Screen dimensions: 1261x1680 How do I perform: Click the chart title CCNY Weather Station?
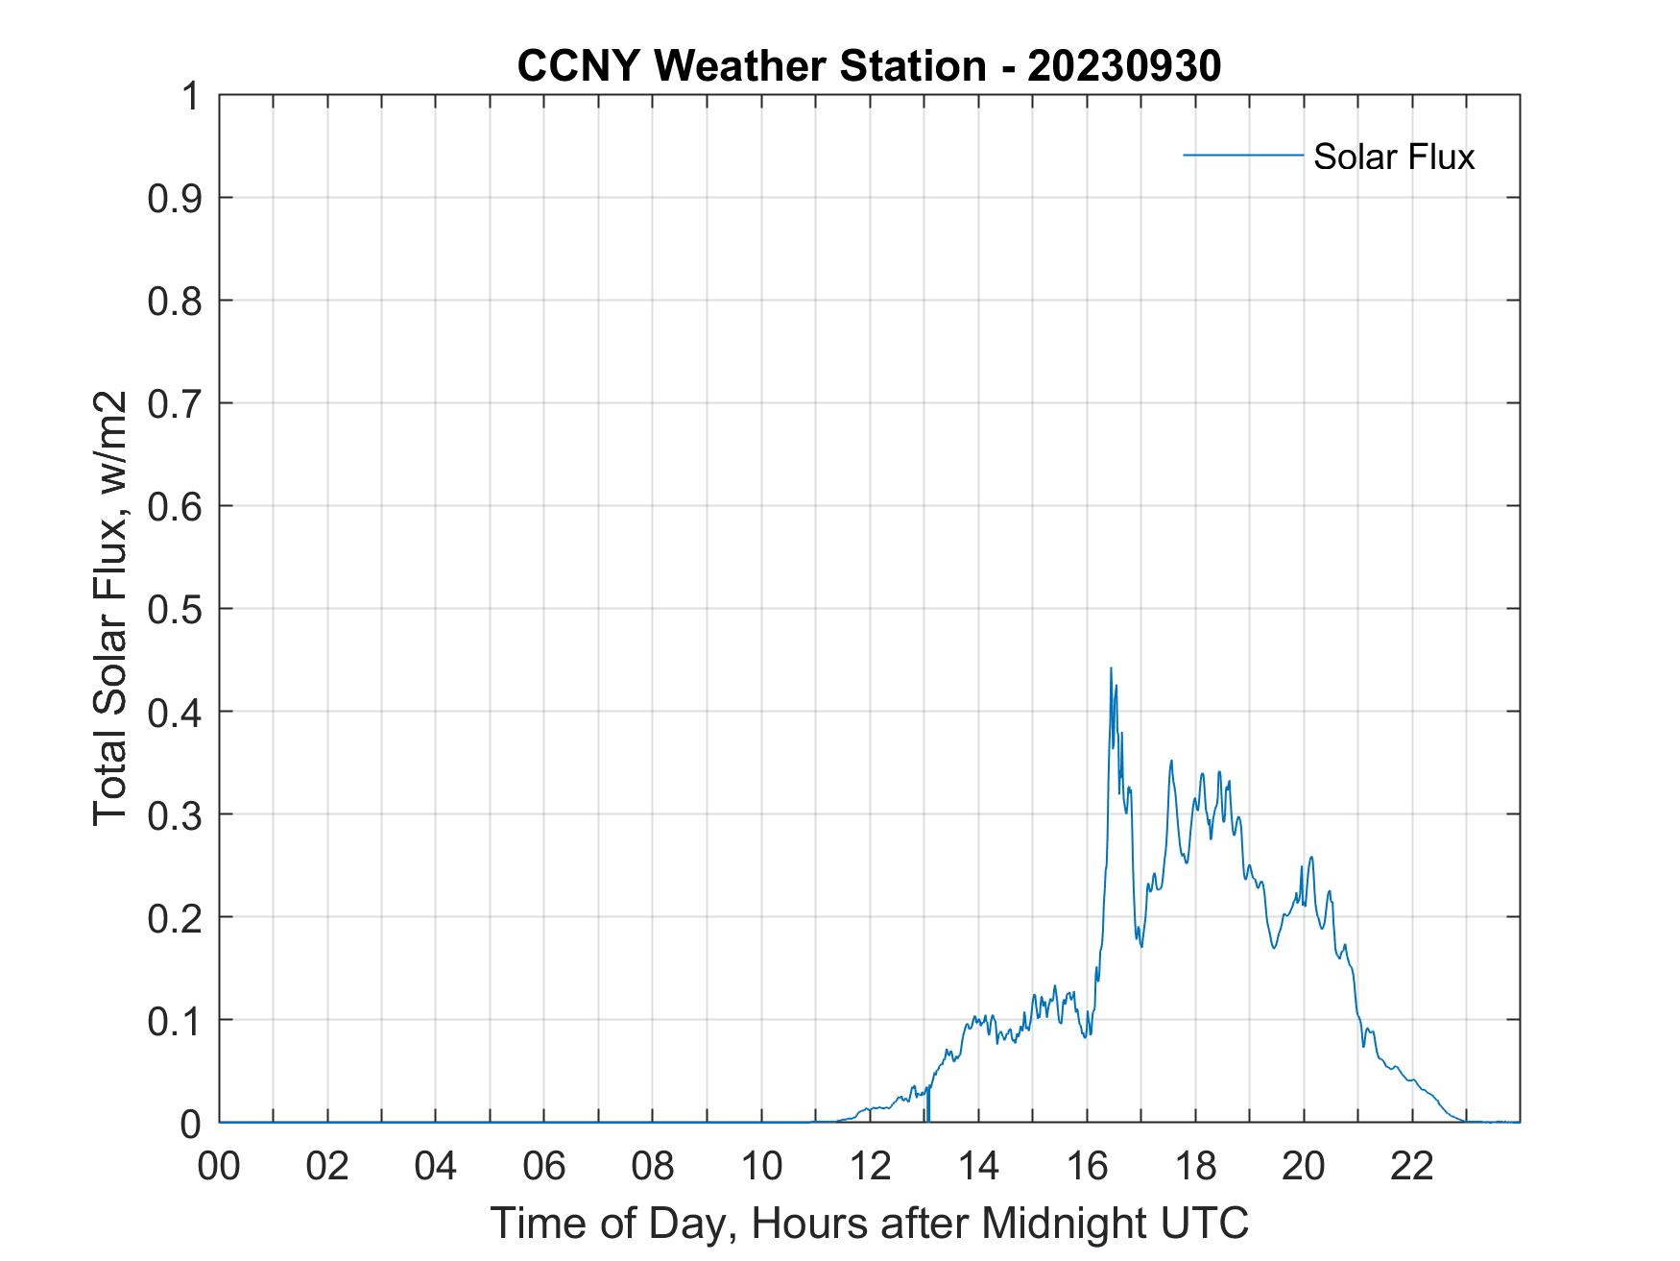pos(752,66)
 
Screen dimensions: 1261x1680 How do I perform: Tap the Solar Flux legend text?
pos(1393,157)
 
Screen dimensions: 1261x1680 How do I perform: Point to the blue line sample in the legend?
pos(1243,155)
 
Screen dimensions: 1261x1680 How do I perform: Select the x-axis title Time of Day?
pos(870,1223)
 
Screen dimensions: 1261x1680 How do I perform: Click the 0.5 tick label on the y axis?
pos(175,609)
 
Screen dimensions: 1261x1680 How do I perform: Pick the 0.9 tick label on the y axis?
pos(175,198)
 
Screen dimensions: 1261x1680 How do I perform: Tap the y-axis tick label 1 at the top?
pos(191,96)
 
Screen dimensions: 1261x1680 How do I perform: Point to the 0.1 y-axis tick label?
pos(175,1020)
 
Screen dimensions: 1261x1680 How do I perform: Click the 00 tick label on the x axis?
pos(219,1167)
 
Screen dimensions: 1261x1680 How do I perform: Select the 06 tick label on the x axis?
pos(544,1167)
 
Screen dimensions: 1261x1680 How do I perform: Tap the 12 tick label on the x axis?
pos(870,1167)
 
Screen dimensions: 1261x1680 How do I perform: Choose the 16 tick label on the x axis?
pos(1087,1167)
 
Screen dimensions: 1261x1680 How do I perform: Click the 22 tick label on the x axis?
pos(1412,1167)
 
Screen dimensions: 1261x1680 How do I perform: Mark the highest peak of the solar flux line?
pos(1111,668)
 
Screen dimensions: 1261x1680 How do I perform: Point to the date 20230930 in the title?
pos(1124,66)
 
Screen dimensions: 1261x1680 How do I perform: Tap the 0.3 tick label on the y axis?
pos(175,814)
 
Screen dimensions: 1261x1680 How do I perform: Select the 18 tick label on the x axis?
pos(1195,1167)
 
